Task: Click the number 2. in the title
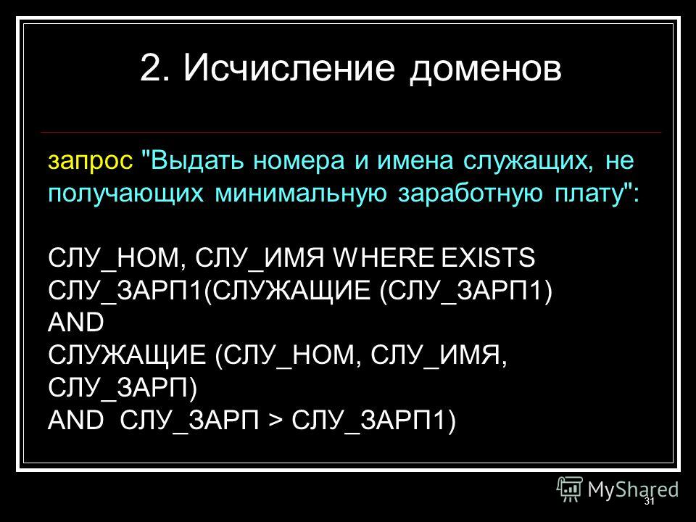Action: tap(154, 68)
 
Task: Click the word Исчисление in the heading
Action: tap(289, 68)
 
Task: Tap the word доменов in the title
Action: tap(485, 70)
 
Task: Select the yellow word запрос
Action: tap(90, 162)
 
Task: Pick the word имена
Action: tap(415, 162)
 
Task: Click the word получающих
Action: tap(125, 195)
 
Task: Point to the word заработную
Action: tap(470, 195)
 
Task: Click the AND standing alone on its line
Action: tap(76, 323)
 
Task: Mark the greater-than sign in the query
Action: tap(275, 420)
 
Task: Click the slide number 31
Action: tap(649, 502)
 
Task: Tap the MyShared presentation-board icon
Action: tap(570, 489)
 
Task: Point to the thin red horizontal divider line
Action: tap(351, 132)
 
